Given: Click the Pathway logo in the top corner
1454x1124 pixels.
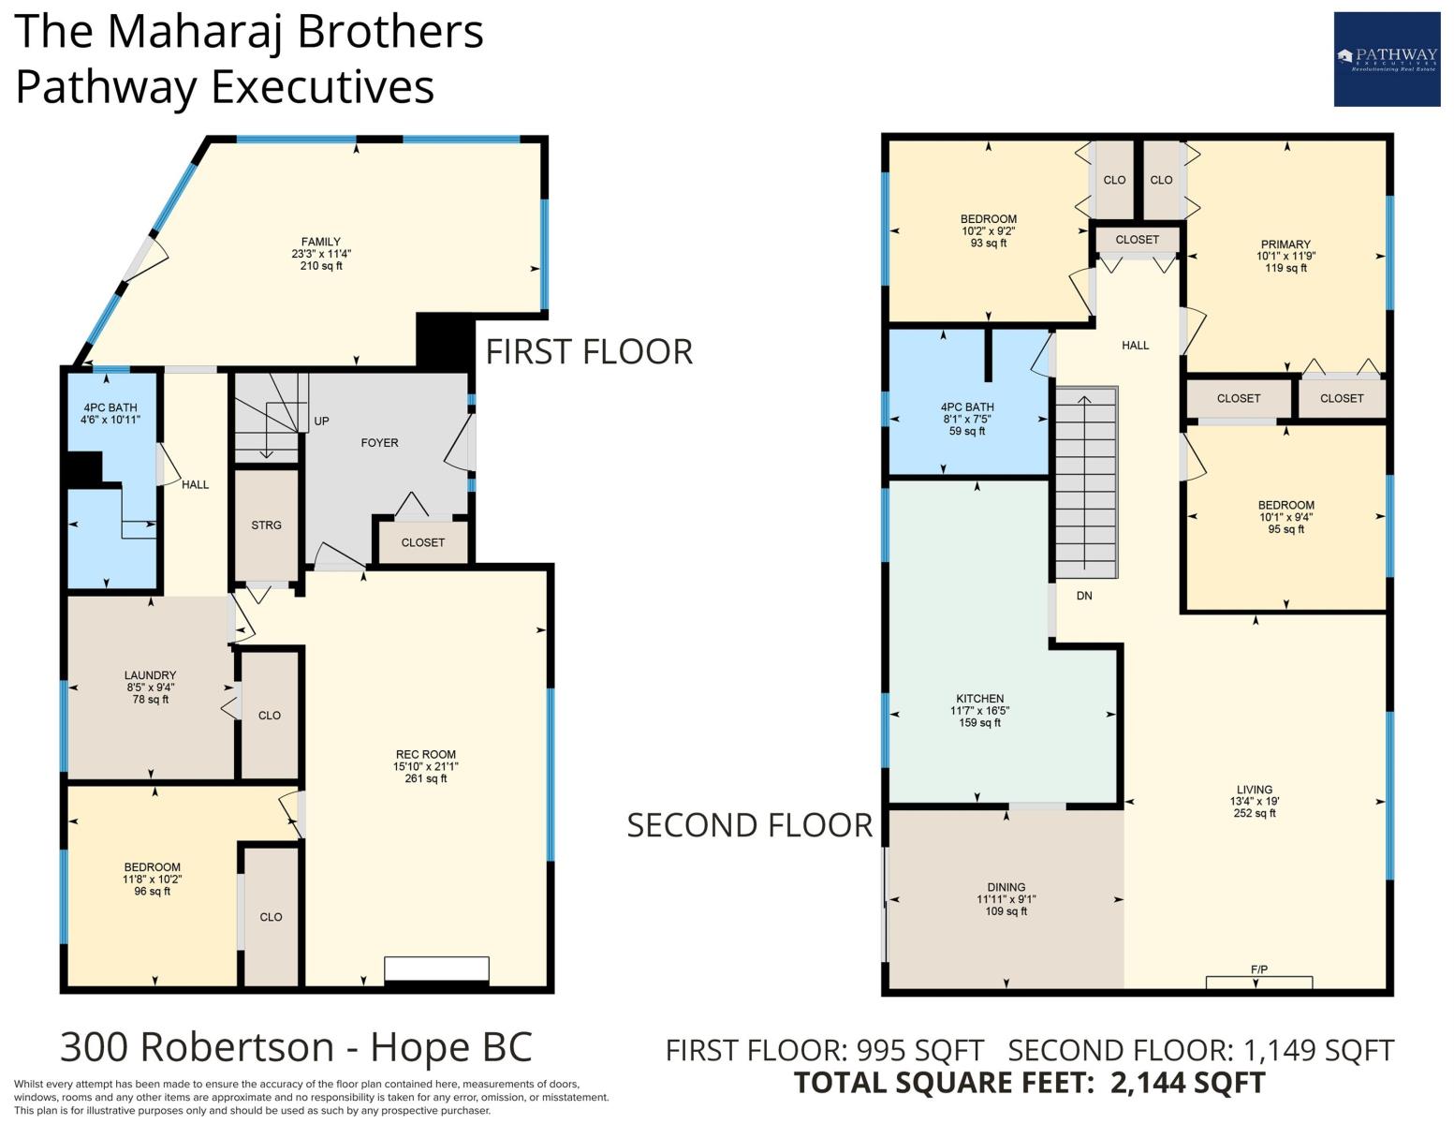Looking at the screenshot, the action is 1387,59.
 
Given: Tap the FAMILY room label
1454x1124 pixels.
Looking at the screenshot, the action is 320,242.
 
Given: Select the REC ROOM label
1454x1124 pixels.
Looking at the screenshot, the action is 426,754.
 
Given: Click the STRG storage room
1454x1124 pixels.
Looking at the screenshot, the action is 266,525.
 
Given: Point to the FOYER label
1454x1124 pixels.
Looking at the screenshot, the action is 379,442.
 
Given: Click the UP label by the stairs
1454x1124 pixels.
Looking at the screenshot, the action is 322,421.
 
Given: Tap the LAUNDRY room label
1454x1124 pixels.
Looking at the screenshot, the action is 151,675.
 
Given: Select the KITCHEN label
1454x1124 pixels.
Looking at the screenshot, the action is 979,698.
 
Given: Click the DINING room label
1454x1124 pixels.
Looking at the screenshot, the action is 1006,887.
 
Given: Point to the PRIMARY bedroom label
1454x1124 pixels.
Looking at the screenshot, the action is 1285,244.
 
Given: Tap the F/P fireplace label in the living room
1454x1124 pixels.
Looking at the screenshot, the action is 1258,969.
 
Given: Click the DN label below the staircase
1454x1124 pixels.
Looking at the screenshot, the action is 1084,596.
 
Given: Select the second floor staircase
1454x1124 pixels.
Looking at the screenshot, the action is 1087,482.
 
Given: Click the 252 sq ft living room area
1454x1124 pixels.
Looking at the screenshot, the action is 1255,813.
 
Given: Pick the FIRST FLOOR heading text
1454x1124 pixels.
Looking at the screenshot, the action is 589,352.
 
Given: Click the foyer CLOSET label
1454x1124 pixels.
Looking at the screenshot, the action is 423,542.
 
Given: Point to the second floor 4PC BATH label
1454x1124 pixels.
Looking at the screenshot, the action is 967,407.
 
